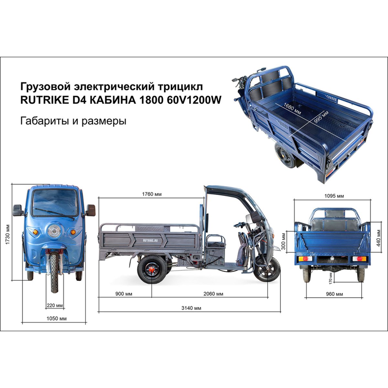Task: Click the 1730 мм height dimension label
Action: [8, 234]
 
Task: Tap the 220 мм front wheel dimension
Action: [55, 306]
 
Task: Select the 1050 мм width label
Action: [56, 319]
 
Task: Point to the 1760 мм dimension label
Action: [152, 194]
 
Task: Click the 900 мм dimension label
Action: [124, 294]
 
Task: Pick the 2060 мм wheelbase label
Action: [213, 294]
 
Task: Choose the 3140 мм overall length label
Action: [191, 308]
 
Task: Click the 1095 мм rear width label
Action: [334, 196]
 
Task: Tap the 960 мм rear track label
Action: [334, 294]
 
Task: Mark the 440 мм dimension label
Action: [378, 238]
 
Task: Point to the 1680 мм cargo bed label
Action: [292, 109]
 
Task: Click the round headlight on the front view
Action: [54, 231]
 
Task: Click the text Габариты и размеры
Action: [73, 121]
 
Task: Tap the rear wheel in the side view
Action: [152, 269]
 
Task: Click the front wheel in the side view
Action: [268, 269]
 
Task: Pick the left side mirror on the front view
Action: [18, 210]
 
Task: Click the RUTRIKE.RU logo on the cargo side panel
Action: [150, 240]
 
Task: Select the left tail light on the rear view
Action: [306, 259]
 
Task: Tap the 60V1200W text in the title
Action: [194, 100]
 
